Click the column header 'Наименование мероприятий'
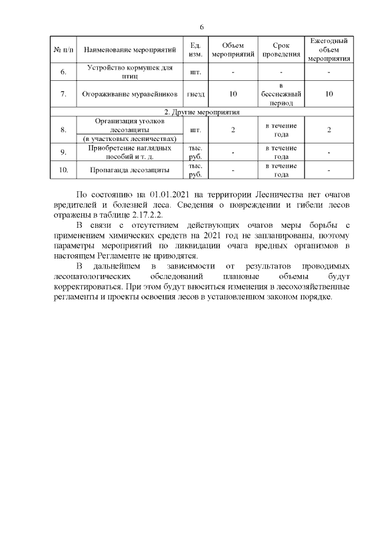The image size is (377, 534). tap(130, 50)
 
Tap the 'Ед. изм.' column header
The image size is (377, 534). tap(196, 50)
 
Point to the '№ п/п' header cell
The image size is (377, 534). tap(63, 50)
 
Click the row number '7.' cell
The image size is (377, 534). tap(63, 94)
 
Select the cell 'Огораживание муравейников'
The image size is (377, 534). tap(130, 94)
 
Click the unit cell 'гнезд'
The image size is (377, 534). tap(196, 94)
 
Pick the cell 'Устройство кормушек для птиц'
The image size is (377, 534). tap(130, 72)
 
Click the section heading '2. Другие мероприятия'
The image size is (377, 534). tap(201, 111)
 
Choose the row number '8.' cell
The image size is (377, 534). tap(63, 129)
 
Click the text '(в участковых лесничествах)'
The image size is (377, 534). tap(130, 139)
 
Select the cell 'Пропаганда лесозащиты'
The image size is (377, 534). tap(130, 170)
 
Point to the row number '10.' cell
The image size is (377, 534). tap(63, 170)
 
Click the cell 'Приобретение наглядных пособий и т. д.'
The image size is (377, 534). tap(130, 152)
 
